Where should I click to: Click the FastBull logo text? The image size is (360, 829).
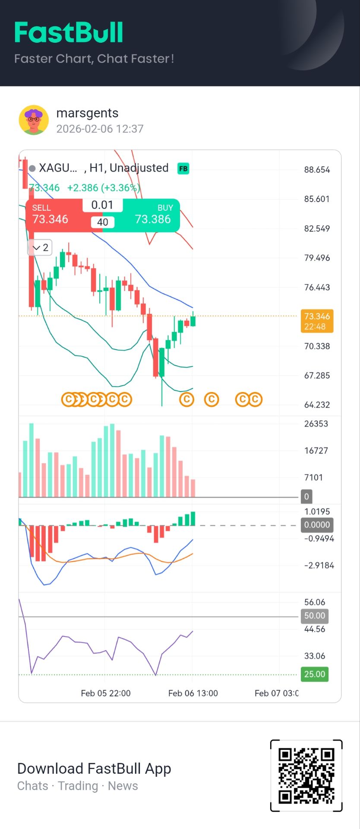(69, 33)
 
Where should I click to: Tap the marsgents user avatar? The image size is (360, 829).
(34, 120)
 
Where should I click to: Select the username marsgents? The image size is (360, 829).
(87, 113)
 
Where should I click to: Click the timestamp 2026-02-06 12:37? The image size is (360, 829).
(100, 129)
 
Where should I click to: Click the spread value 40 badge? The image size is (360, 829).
(103, 222)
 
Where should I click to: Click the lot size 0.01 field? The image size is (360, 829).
(102, 205)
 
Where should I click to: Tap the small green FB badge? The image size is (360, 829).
(183, 168)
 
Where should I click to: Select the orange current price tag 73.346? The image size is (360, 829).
(317, 321)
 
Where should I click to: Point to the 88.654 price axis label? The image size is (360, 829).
(317, 170)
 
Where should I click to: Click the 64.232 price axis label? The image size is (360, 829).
(317, 405)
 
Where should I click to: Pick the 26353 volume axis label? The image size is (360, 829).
(316, 424)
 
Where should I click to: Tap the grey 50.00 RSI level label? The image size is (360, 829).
(314, 616)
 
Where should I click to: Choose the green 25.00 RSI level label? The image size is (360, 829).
(314, 674)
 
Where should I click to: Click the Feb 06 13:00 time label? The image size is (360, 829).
(193, 693)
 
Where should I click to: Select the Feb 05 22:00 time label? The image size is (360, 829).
(106, 693)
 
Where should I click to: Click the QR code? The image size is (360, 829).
(306, 776)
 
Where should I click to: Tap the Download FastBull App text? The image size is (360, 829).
(94, 769)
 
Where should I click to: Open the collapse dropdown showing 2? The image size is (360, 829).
(40, 248)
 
